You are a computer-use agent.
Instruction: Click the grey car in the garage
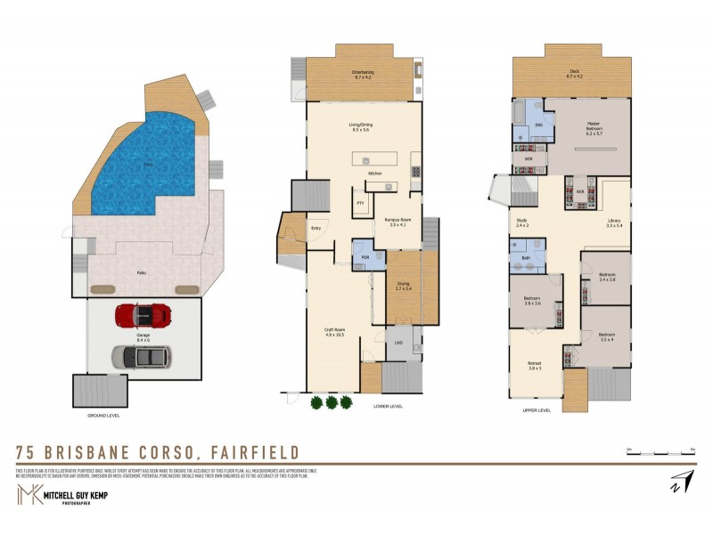(x=142, y=356)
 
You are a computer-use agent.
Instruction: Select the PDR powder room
(x=364, y=257)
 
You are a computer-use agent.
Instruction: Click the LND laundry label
(x=397, y=342)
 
